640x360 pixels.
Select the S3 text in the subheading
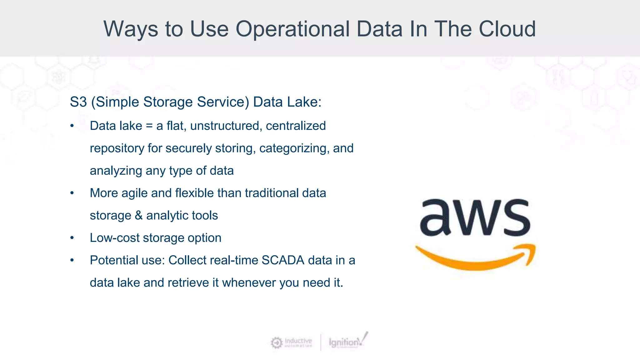coord(78,102)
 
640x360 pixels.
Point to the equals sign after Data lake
coord(149,126)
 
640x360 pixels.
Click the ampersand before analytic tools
coord(138,216)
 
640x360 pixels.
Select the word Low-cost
coord(115,238)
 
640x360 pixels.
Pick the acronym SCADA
coord(283,260)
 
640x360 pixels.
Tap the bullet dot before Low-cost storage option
coord(72,238)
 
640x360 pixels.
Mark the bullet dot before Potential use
coord(72,260)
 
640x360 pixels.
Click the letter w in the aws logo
coord(475,218)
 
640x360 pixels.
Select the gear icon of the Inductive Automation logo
coord(277,343)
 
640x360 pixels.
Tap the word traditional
coord(272,193)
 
